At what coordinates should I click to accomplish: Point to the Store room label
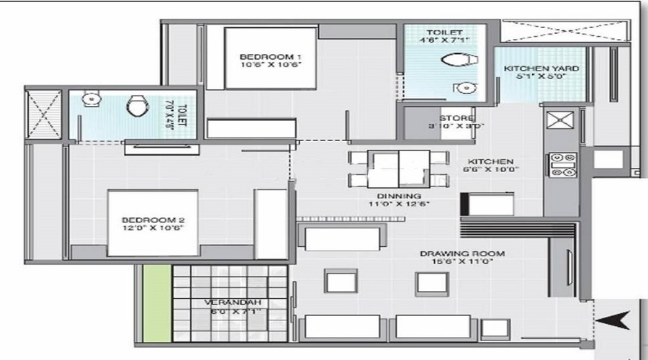click(x=456, y=122)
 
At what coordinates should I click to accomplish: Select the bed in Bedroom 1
click(x=270, y=58)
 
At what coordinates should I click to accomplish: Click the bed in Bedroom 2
click(x=153, y=222)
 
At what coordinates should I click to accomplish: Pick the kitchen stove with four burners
click(x=562, y=164)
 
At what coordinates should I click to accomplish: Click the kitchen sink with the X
click(x=559, y=119)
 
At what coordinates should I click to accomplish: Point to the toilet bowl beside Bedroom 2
click(x=136, y=107)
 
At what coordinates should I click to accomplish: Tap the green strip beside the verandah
click(x=153, y=303)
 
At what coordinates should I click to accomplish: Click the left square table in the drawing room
click(x=340, y=280)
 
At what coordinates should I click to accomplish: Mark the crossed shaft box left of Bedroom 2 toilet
click(x=43, y=114)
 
